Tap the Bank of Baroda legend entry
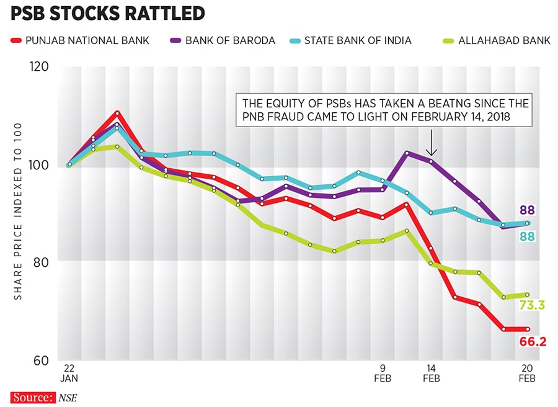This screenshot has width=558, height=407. tap(223, 41)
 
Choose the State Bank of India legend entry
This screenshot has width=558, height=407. tap(352, 41)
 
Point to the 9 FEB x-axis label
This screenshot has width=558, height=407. tap(383, 372)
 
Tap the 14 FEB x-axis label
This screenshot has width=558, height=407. tap(431, 372)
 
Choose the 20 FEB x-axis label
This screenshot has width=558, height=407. tap(526, 372)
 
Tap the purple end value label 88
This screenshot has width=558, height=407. tap(528, 210)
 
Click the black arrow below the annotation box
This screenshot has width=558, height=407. tap(432, 147)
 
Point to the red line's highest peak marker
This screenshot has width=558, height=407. tap(117, 113)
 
